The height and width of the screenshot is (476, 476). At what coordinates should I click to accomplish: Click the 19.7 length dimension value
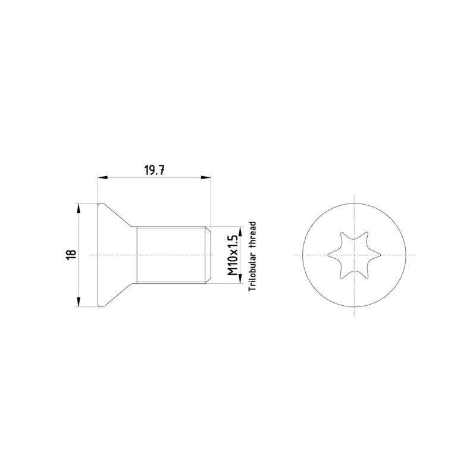[x=154, y=171]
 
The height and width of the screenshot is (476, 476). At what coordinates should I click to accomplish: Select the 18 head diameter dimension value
[x=71, y=255]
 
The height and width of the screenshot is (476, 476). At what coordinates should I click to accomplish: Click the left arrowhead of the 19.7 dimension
[x=102, y=177]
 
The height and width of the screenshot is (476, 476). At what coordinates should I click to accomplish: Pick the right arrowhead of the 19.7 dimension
[x=206, y=177]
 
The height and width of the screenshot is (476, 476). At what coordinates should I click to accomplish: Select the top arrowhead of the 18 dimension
[x=79, y=208]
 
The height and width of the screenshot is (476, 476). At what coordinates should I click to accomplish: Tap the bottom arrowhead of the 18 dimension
[x=79, y=302]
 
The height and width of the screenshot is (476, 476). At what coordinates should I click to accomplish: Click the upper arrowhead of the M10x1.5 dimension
[x=240, y=231]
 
